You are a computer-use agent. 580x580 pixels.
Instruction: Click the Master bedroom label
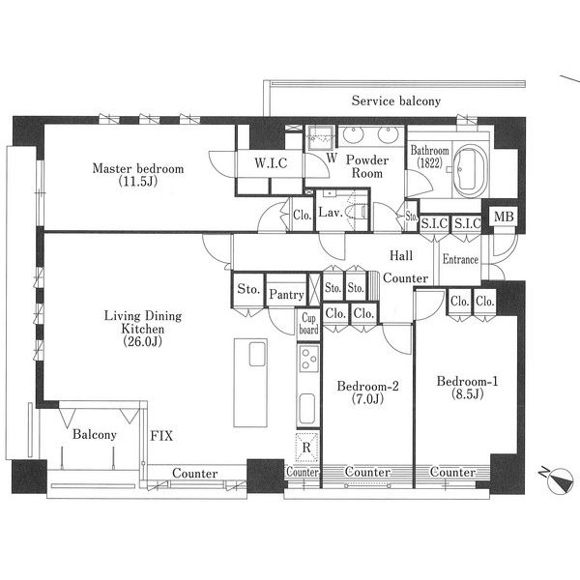tap(138, 168)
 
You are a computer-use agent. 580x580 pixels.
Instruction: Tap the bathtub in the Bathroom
tap(470, 172)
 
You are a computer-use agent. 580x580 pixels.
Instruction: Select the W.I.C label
tap(271, 163)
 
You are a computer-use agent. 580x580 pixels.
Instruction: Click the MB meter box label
tap(504, 217)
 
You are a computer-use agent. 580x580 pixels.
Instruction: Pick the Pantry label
tap(287, 295)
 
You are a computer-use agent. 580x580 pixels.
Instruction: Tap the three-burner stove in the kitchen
tap(309, 359)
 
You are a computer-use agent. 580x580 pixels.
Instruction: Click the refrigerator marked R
tap(306, 448)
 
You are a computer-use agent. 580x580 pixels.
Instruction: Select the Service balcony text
tap(396, 101)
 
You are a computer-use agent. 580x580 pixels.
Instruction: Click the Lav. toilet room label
tap(331, 213)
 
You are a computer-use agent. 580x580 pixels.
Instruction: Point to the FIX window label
tap(161, 436)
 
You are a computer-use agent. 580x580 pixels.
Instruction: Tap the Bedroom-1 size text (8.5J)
tap(468, 394)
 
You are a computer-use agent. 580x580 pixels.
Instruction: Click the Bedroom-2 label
tap(367, 386)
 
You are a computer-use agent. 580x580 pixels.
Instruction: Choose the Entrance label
tap(460, 259)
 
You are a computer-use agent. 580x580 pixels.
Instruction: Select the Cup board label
tap(309, 324)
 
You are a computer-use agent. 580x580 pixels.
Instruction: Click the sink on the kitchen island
tap(257, 354)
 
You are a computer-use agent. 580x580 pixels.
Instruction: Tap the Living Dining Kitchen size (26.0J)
tap(143, 341)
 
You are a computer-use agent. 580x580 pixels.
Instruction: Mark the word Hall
tap(401, 255)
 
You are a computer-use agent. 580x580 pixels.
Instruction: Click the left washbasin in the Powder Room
tap(352, 134)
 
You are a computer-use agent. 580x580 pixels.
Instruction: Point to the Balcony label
tap(95, 434)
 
